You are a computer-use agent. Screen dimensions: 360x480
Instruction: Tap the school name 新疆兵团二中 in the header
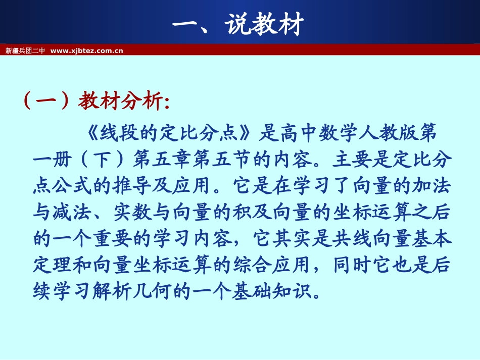25,50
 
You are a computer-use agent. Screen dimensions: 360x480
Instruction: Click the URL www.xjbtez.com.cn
87,50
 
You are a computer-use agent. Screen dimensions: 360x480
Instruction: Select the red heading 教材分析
121,101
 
